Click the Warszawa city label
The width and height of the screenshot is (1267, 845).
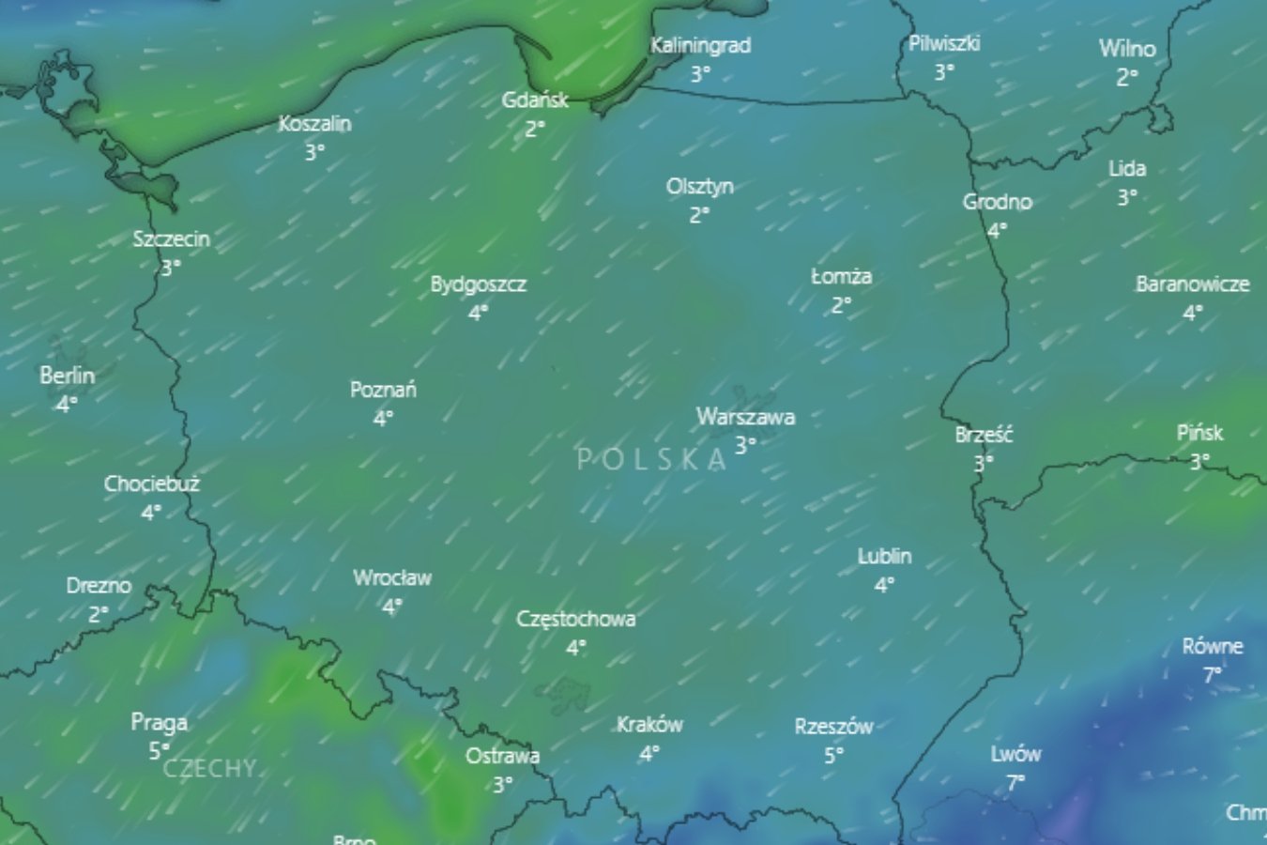pos(745,417)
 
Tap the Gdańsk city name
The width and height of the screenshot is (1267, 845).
pos(535,100)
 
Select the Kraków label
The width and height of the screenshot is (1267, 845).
pos(649,725)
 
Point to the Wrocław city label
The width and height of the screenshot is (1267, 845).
pos(392,578)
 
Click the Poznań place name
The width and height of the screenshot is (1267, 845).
pos(383,390)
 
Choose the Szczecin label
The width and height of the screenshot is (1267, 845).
pos(171,239)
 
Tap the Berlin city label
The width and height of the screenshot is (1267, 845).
pos(67,376)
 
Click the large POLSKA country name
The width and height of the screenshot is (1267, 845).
pos(651,459)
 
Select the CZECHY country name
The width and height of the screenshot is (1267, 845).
pos(209,769)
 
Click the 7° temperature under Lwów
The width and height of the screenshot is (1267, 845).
pos(1015,782)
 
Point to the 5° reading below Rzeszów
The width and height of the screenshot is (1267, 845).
pos(833,755)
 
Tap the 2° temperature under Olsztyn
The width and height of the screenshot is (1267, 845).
pos(699,215)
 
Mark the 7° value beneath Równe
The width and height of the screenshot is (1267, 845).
pos(1212,674)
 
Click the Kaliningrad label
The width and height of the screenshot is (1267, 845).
pos(700,45)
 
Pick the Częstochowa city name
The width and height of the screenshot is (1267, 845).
pos(575,620)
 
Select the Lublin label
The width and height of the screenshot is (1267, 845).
pos(884,557)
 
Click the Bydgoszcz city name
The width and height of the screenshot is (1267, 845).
pos(478,284)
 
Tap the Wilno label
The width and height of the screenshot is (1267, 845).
pos(1127,49)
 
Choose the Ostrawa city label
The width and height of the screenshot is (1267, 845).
pos(502,756)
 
